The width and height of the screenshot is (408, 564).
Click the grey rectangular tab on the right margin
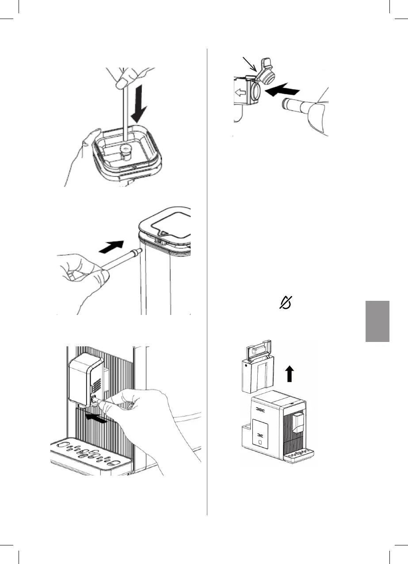pyautogui.click(x=377, y=321)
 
